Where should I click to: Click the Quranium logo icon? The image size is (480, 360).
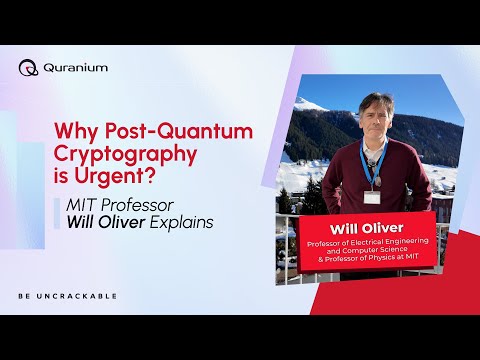coord(28,68)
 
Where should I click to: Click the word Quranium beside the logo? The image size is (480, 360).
coord(76,68)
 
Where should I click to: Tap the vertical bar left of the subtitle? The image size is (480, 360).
coord(59,211)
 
